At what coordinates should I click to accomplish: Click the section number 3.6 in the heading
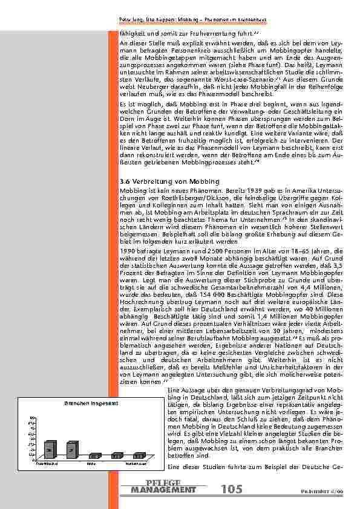(125, 181)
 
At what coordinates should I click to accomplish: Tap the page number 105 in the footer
(231, 489)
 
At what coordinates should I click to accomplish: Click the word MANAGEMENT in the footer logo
(163, 489)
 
